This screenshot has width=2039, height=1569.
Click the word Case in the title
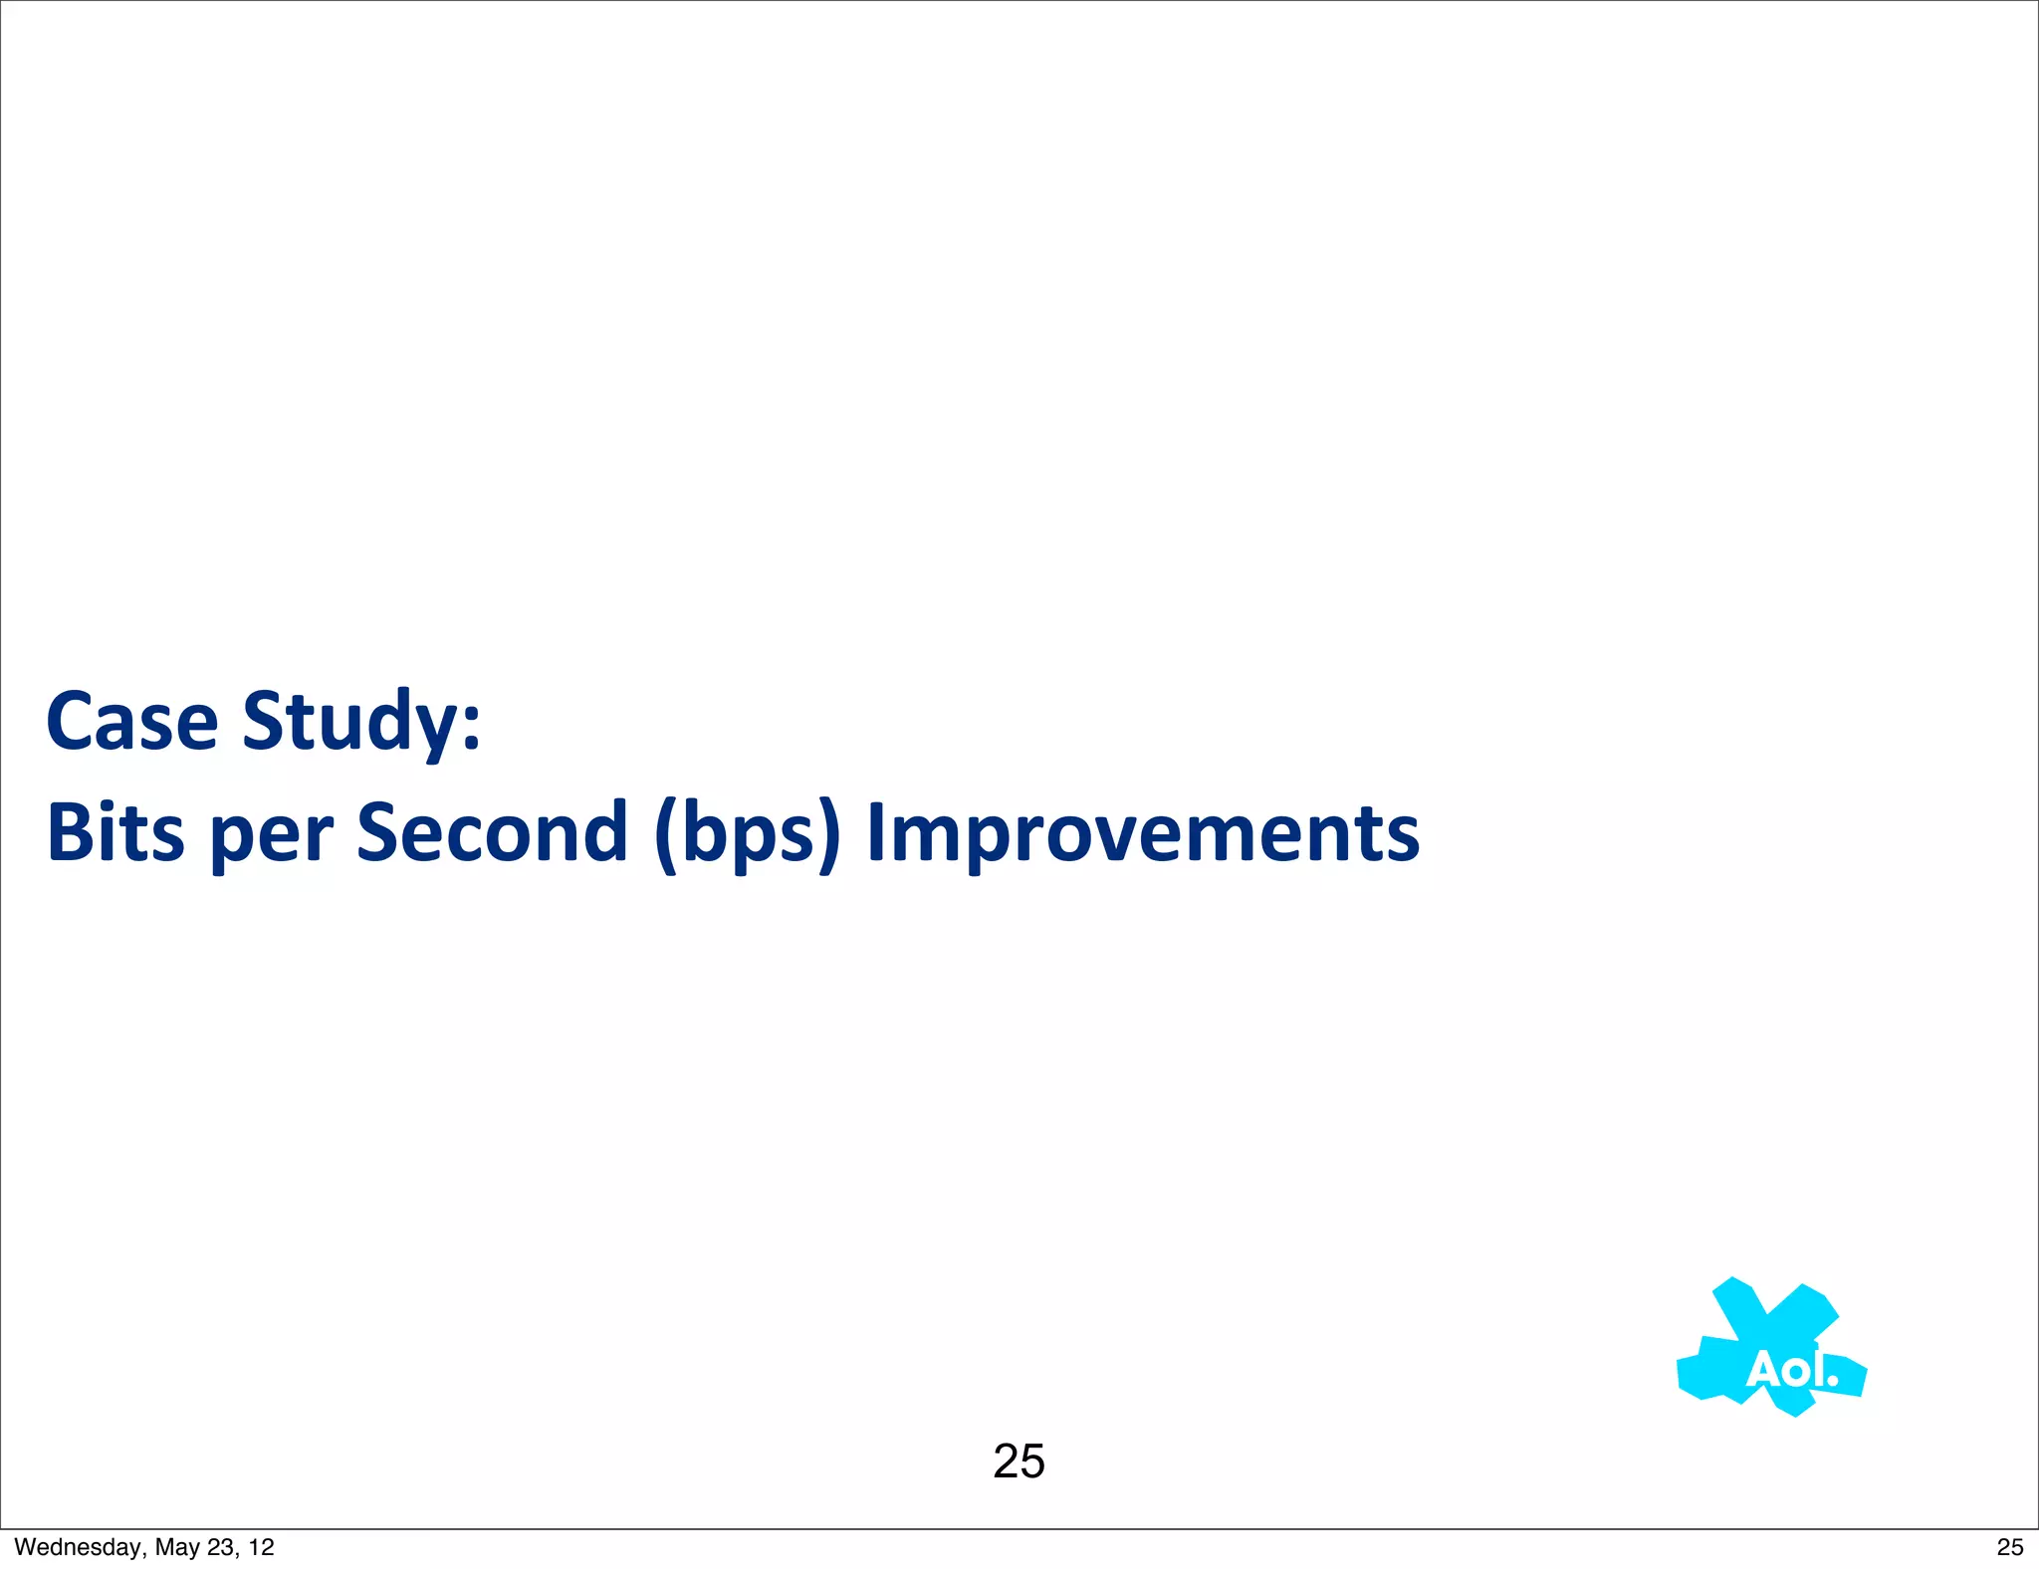point(131,721)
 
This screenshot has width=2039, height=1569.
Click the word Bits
point(115,832)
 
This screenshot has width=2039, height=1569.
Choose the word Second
point(492,832)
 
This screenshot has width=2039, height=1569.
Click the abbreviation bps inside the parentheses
point(749,836)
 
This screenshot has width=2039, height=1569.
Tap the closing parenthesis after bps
point(829,836)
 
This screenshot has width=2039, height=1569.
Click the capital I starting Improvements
point(875,832)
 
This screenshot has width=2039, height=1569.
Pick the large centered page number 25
point(1019,1461)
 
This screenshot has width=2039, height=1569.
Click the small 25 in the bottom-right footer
point(2009,1547)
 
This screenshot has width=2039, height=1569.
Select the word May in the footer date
point(178,1547)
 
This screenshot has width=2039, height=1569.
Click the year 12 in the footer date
point(261,1547)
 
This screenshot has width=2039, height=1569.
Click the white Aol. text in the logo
point(1790,1370)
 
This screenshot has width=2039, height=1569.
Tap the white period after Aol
point(1833,1381)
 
